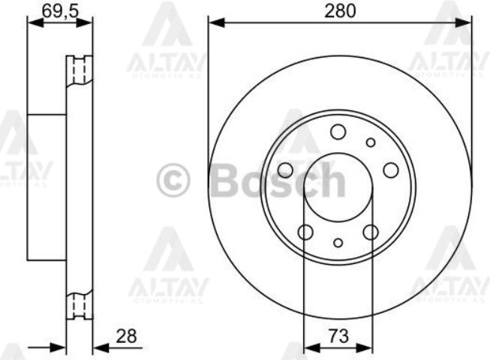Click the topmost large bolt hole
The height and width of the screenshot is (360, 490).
(338, 133)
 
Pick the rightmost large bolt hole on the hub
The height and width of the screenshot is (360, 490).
(390, 170)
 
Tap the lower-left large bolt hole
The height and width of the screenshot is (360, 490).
(305, 232)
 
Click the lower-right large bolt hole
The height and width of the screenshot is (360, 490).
(371, 232)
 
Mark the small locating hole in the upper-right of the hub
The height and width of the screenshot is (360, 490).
(370, 142)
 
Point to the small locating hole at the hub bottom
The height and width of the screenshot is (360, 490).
(338, 242)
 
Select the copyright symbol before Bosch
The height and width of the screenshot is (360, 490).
(174, 181)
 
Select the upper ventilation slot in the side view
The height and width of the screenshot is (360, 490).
(79, 72)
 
